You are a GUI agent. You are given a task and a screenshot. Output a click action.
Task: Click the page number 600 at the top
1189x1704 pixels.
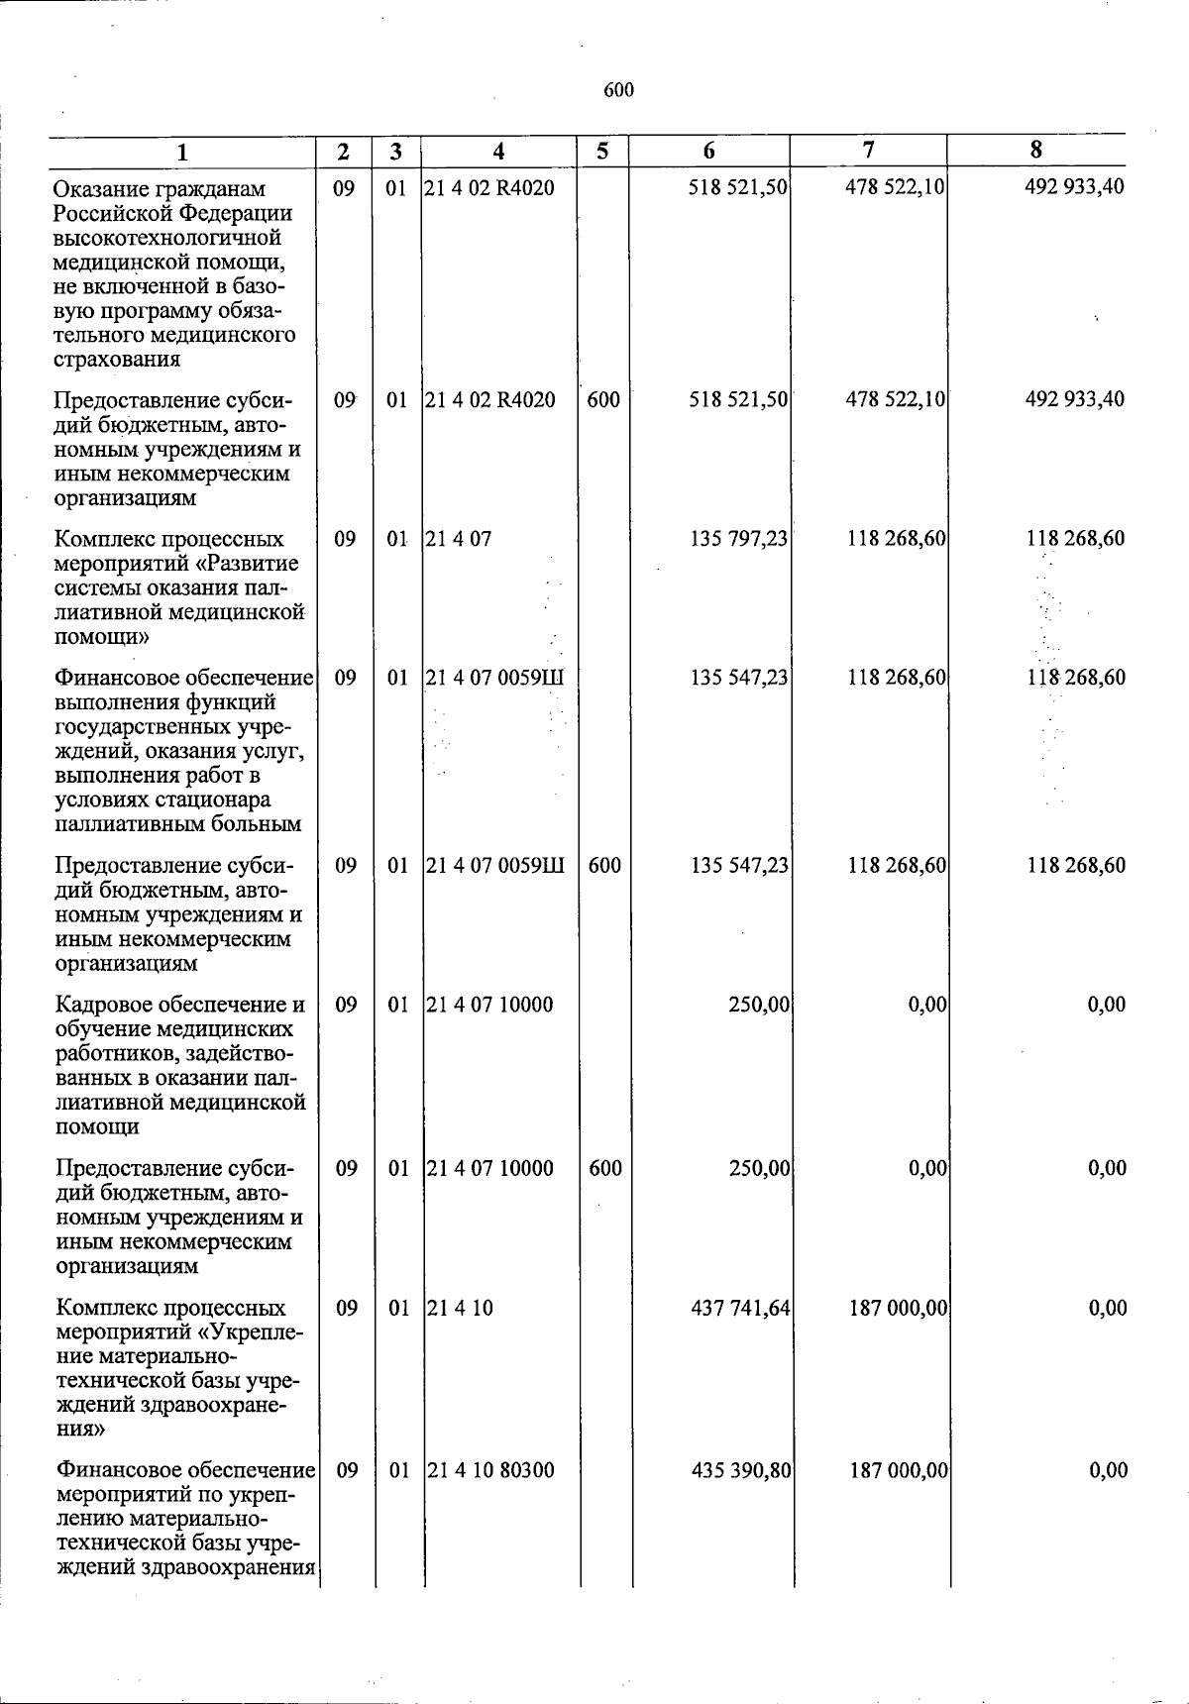(618, 90)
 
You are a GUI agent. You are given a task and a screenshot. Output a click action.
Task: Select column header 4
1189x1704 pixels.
(498, 152)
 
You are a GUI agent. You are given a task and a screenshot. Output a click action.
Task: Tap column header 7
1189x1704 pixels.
(868, 150)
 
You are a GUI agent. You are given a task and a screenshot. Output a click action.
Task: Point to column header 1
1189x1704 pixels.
(182, 153)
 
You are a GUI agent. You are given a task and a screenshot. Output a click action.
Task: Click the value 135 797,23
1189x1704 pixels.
(739, 539)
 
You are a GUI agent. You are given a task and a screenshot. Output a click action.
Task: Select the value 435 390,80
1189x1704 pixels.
(741, 1470)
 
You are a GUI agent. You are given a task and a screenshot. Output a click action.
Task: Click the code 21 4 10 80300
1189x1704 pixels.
(490, 1470)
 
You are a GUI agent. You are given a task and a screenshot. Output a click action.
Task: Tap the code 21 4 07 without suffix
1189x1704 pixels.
(458, 539)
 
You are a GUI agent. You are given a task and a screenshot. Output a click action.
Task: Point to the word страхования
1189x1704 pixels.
(117, 359)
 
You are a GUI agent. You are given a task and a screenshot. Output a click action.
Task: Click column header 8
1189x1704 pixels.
(1035, 150)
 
